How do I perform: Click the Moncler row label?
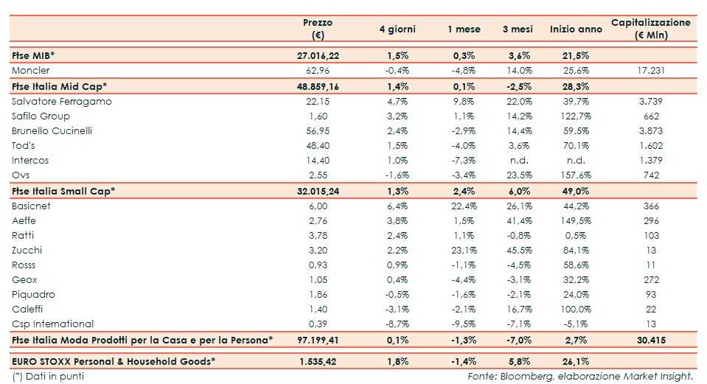click(x=31, y=71)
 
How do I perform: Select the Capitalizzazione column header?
click(x=651, y=29)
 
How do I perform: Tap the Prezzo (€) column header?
click(x=318, y=29)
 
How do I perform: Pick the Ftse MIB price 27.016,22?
click(x=318, y=55)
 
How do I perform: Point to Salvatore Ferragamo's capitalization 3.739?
click(x=651, y=101)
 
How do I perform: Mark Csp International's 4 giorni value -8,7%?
click(x=397, y=324)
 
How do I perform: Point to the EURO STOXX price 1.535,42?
click(x=318, y=362)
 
